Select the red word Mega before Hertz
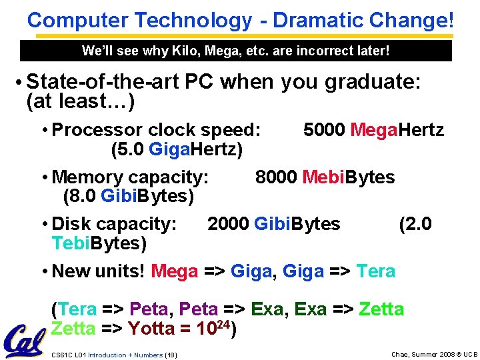coord(373,129)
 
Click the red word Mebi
coord(323,177)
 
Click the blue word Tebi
coord(70,243)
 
